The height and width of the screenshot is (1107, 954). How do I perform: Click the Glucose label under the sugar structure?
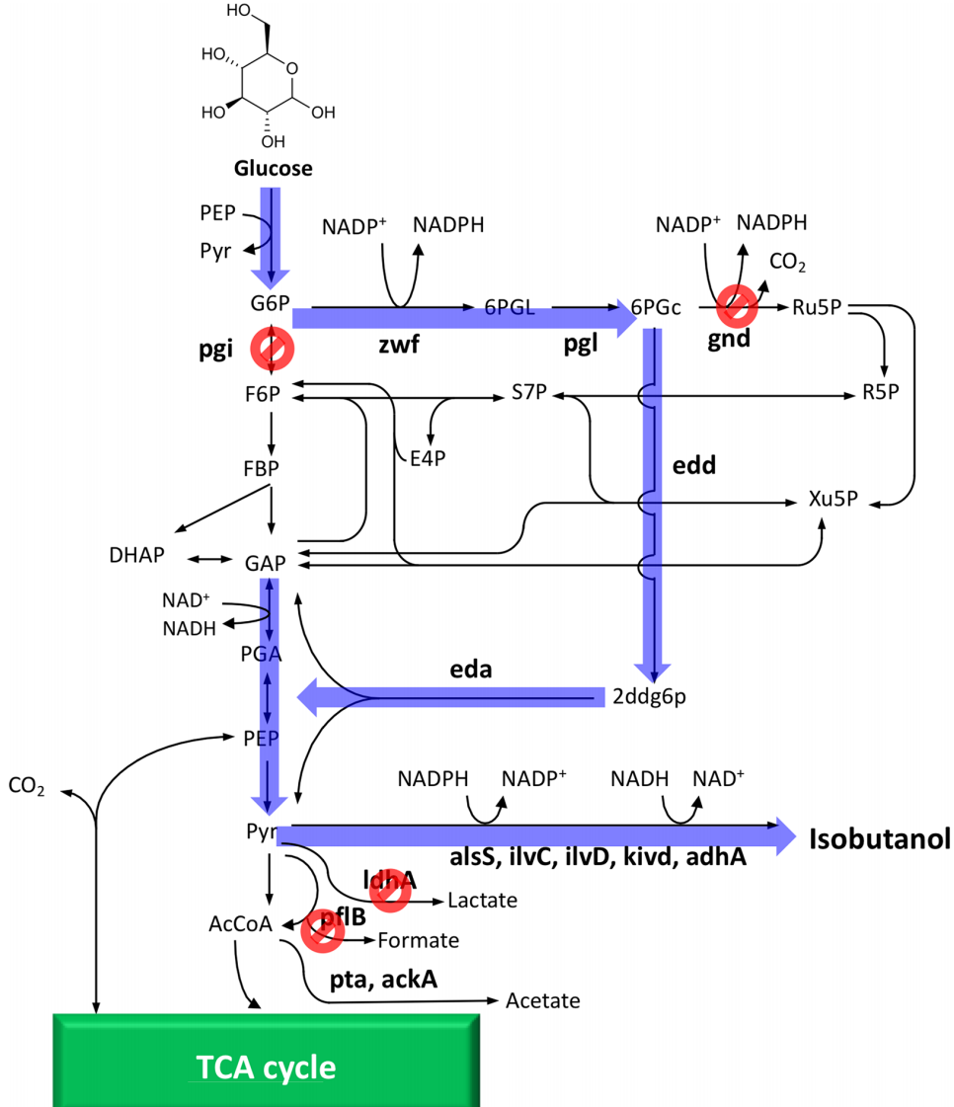point(274,168)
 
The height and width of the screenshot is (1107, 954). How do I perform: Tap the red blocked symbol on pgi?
point(272,347)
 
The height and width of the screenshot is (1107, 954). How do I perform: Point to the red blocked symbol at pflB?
point(323,931)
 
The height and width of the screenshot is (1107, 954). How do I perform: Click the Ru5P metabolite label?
point(817,307)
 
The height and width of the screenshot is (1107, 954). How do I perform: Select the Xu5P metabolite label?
point(833,502)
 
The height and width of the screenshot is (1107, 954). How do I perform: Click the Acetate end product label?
point(542,1001)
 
